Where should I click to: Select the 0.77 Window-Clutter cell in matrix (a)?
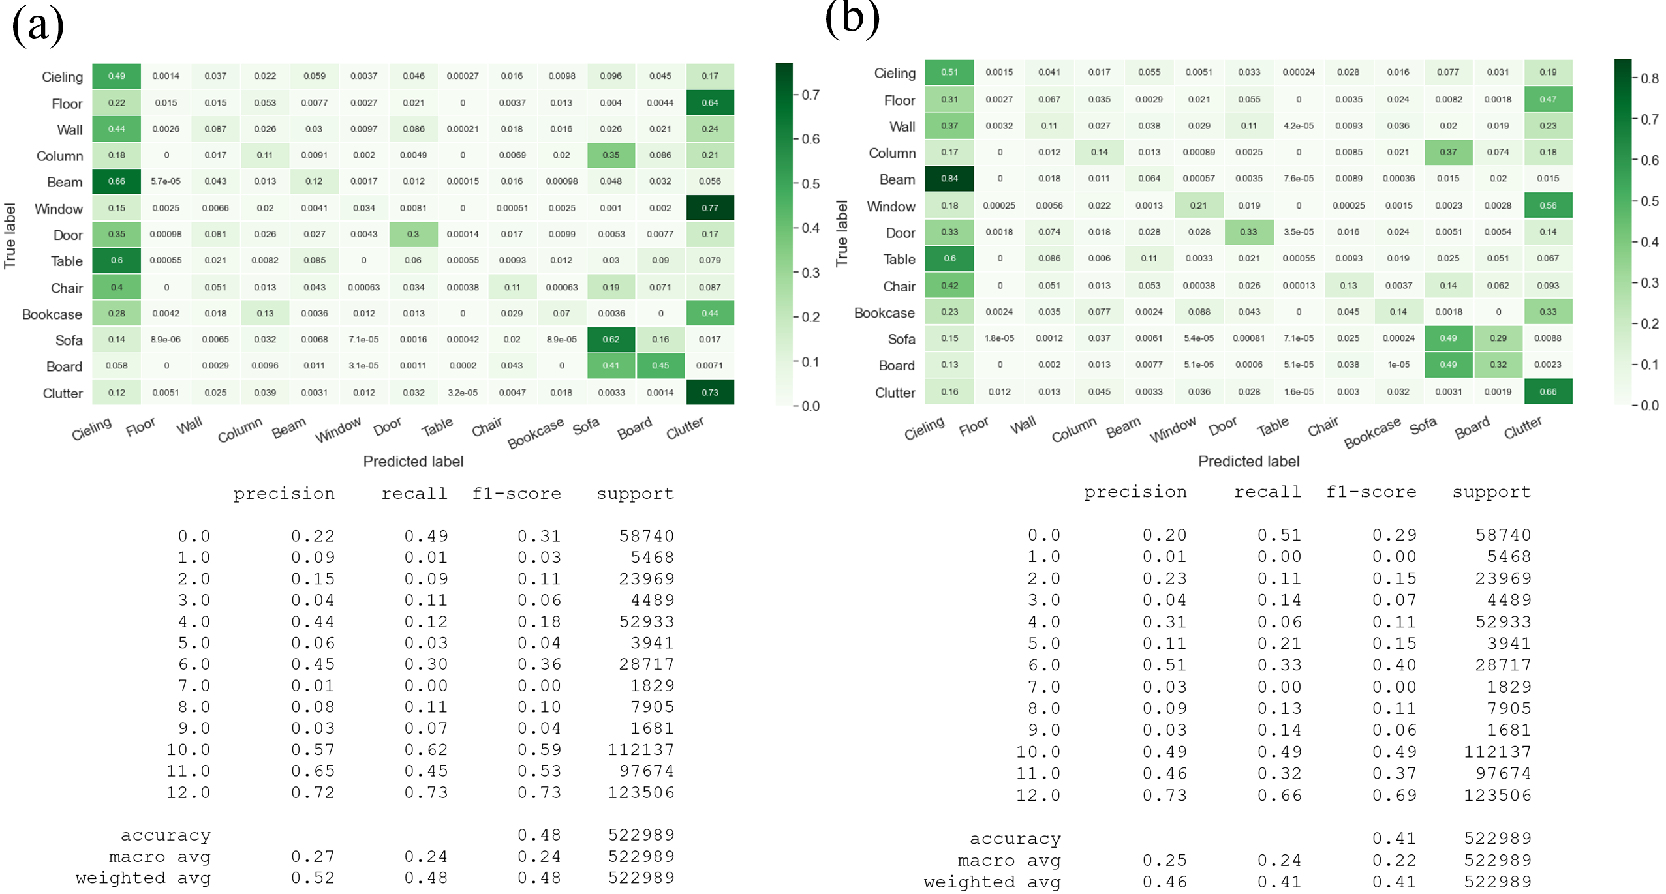pos(710,208)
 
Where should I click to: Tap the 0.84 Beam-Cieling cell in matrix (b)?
pos(949,179)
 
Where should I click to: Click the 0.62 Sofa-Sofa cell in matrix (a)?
pos(611,339)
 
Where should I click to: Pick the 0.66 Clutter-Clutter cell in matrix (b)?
pos(1548,392)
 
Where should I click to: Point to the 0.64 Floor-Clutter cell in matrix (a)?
pos(710,102)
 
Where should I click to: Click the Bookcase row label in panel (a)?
pos(52,314)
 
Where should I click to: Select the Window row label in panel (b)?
pos(891,207)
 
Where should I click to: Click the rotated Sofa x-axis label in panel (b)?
pos(1423,426)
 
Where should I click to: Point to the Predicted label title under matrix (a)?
pos(413,462)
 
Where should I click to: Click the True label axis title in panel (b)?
pos(842,233)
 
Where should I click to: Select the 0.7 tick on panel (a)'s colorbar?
pos(810,95)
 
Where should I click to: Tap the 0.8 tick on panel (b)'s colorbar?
pos(1649,79)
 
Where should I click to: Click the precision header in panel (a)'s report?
pos(284,494)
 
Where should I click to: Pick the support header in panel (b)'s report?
pos(1491,492)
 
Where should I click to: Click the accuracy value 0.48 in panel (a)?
pos(539,835)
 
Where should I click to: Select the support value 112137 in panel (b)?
pos(1497,752)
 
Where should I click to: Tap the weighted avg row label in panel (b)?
pos(992,882)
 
